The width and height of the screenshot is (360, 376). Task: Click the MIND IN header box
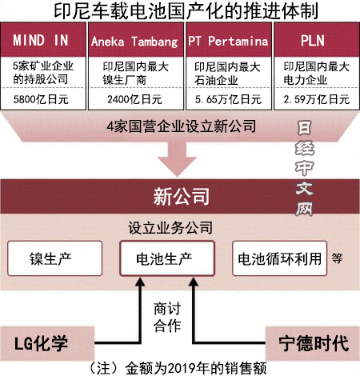[x=43, y=40]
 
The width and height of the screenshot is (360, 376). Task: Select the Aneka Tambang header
[x=136, y=40]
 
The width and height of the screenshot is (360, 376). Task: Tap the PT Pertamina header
[x=229, y=40]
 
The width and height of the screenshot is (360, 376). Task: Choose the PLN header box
[x=317, y=40]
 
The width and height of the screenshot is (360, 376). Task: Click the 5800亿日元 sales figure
[x=41, y=99]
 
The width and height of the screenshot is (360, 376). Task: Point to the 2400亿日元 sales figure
[x=134, y=99]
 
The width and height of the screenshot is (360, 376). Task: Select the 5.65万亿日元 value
[x=228, y=99]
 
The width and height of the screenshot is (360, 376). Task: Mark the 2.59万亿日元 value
[x=316, y=99]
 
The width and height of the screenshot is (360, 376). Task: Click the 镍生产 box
[x=55, y=258]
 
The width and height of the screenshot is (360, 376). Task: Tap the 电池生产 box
[x=167, y=258]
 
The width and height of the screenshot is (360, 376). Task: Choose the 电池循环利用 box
[x=279, y=258]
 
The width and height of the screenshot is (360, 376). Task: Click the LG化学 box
[x=47, y=343]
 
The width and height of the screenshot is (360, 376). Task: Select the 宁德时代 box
[x=313, y=343]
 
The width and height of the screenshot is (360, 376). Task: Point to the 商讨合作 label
[x=167, y=318]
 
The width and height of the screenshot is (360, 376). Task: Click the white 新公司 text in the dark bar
[x=182, y=196]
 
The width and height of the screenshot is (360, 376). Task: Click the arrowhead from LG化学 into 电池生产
[x=140, y=282]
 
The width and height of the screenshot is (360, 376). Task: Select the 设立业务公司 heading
[x=170, y=228]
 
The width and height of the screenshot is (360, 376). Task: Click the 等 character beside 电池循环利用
[x=337, y=258]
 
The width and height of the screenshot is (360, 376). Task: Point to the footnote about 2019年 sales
[x=177, y=369]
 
